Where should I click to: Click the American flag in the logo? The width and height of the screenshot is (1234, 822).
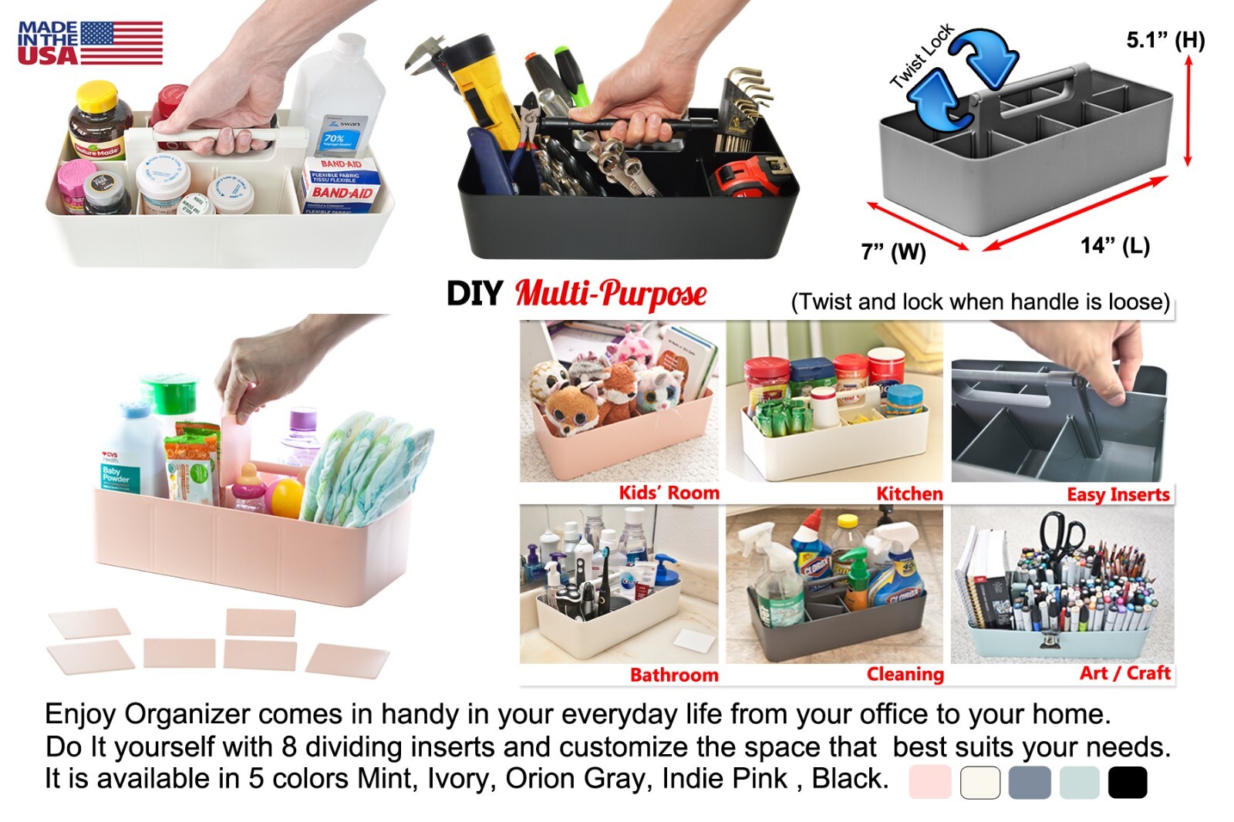tap(121, 42)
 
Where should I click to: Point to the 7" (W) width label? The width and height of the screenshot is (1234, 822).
tap(893, 251)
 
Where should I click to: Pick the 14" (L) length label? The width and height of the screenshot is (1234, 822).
tap(1114, 246)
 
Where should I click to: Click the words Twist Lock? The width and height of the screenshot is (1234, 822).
tap(922, 56)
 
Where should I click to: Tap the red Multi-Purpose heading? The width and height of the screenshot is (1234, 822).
tap(610, 294)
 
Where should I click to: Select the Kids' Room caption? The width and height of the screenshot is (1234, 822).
tap(669, 493)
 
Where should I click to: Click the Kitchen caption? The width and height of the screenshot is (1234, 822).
tap(909, 494)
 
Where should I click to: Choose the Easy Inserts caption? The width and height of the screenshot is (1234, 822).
tap(1118, 494)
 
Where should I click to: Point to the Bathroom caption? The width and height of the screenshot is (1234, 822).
tap(674, 675)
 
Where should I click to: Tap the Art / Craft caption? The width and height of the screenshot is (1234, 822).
tap(1124, 673)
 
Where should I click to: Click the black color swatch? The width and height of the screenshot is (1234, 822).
tap(1127, 782)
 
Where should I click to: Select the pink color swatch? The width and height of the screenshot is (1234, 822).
tap(929, 782)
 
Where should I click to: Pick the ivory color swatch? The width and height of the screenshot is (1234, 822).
tap(979, 782)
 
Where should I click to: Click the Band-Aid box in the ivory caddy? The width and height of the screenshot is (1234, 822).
tap(340, 185)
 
